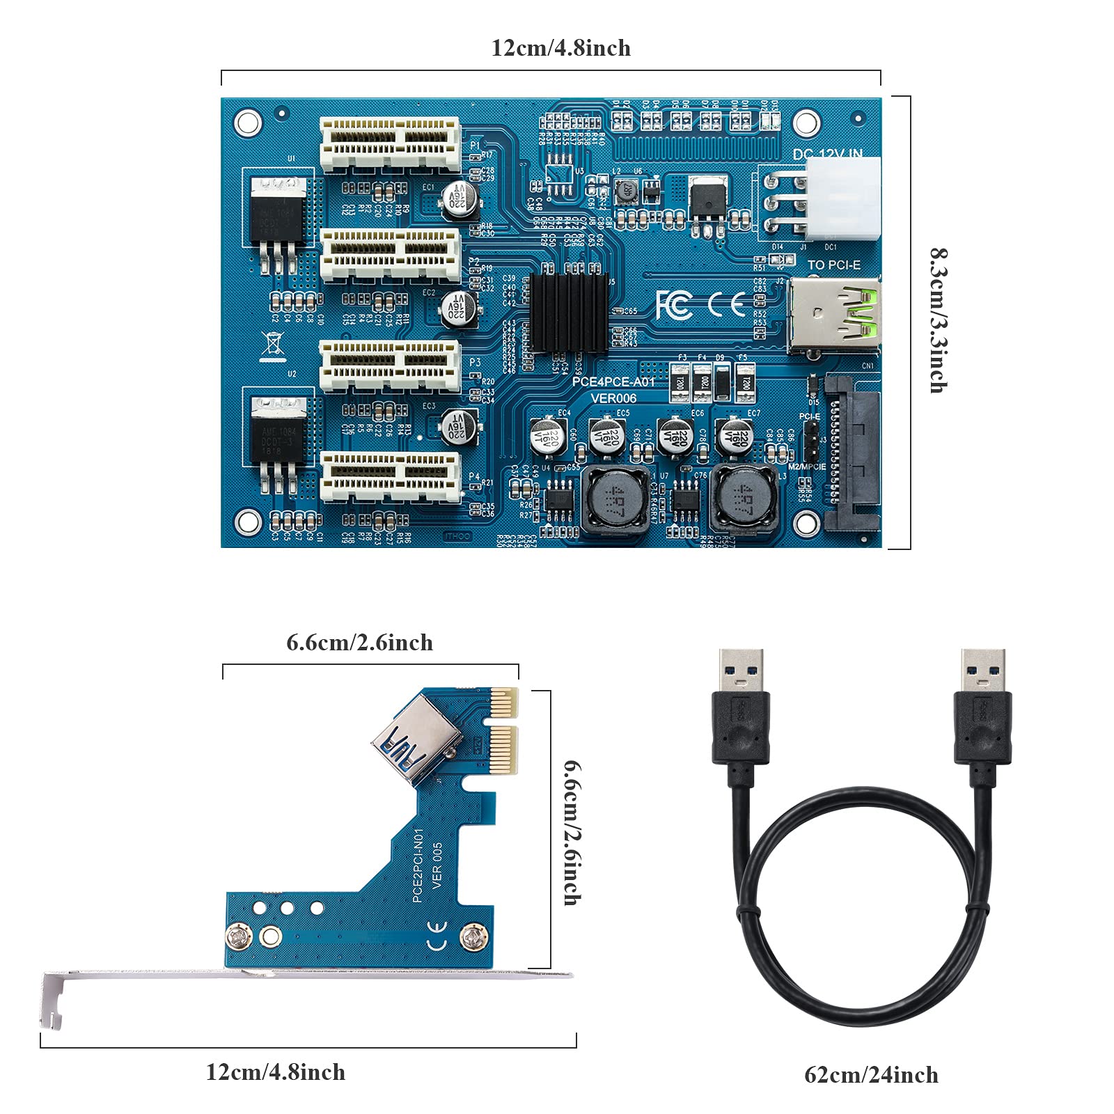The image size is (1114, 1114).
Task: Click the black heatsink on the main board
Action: (x=568, y=313)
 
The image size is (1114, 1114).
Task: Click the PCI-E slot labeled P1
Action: (x=390, y=145)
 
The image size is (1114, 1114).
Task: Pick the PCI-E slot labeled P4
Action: (x=390, y=477)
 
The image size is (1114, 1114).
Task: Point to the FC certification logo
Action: (x=674, y=304)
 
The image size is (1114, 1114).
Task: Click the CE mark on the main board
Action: (x=726, y=304)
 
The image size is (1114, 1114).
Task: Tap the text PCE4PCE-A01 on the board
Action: (x=613, y=382)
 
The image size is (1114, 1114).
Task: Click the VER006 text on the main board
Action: (x=613, y=398)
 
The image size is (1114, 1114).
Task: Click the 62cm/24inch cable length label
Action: (x=871, y=1074)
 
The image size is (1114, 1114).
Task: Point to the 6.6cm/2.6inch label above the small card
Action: (x=359, y=642)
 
